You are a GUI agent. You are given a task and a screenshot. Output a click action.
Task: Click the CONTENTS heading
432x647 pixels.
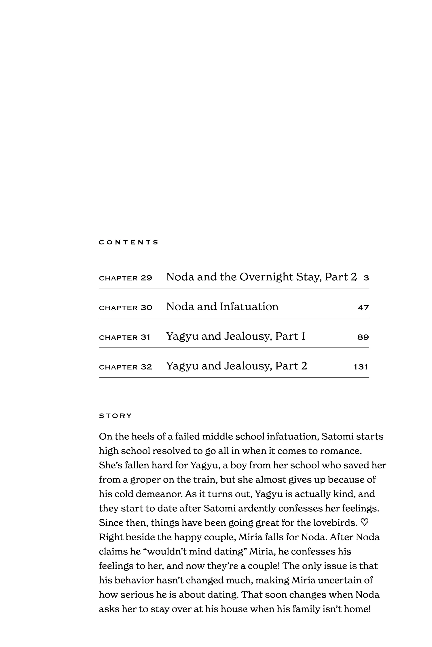click(128, 242)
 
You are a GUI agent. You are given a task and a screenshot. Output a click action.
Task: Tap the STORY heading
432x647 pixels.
click(115, 416)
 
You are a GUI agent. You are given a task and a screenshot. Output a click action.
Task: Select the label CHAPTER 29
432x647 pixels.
click(125, 278)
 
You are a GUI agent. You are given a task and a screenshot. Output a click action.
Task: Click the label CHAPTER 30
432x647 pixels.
click(125, 308)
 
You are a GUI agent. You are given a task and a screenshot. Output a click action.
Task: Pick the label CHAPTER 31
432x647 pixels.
click(124, 337)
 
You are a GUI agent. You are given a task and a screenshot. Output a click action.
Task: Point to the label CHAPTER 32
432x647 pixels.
click(125, 367)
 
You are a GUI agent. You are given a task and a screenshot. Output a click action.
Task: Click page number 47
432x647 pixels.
click(363, 308)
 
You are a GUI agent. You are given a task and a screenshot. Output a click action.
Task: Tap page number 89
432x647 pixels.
click(363, 337)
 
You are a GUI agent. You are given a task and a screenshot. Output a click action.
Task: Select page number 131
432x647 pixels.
click(361, 367)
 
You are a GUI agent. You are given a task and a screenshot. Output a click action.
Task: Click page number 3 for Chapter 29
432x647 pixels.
click(366, 278)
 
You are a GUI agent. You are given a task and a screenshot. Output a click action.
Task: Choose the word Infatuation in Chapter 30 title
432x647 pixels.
click(249, 307)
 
